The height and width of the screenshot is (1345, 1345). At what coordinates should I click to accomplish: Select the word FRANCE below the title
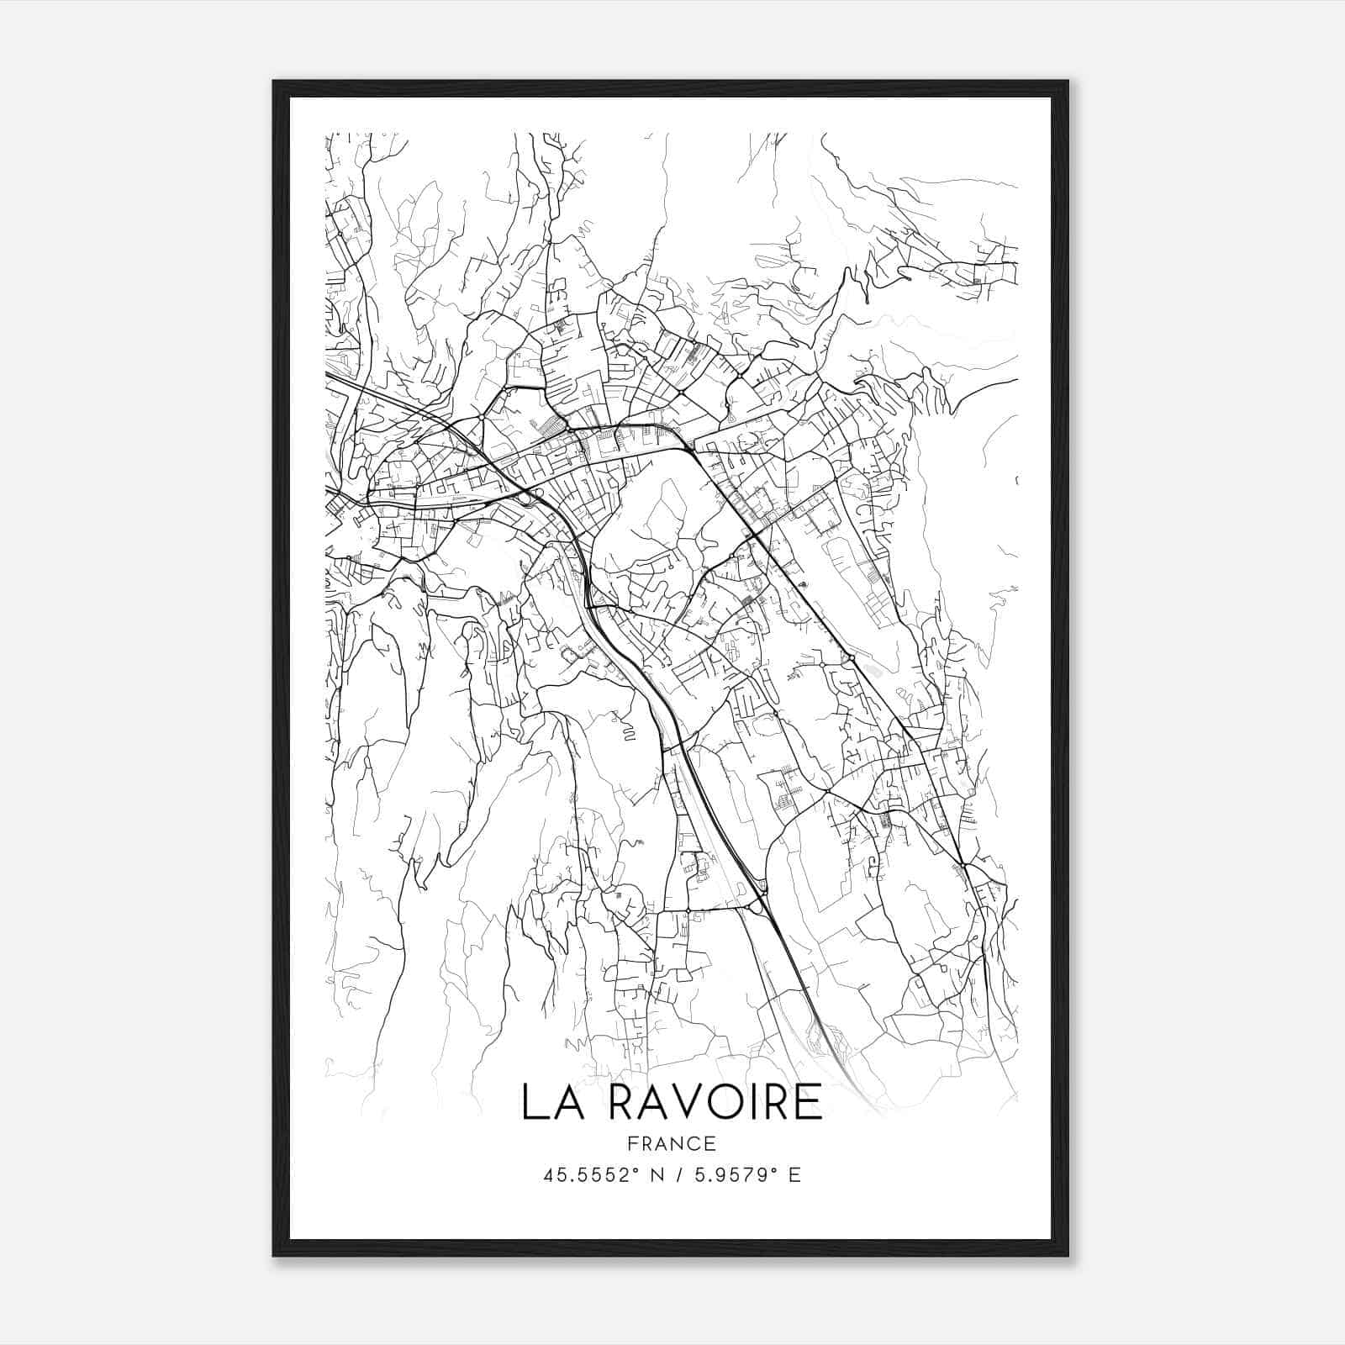pos(672,1143)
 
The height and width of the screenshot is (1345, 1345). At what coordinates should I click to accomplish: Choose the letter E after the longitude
pos(794,1175)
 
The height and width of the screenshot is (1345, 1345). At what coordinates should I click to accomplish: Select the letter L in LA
pos(532,1102)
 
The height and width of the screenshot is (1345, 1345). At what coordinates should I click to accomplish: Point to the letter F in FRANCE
pos(631,1143)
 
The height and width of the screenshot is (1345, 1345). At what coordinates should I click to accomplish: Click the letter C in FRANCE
pos(696,1143)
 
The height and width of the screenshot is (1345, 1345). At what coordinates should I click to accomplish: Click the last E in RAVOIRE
pos(809,1102)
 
